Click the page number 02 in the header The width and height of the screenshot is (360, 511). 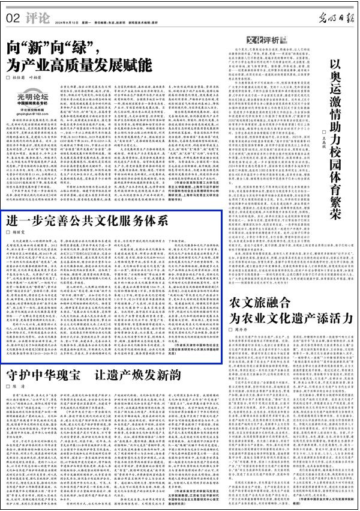pyautogui.click(x=13, y=17)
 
